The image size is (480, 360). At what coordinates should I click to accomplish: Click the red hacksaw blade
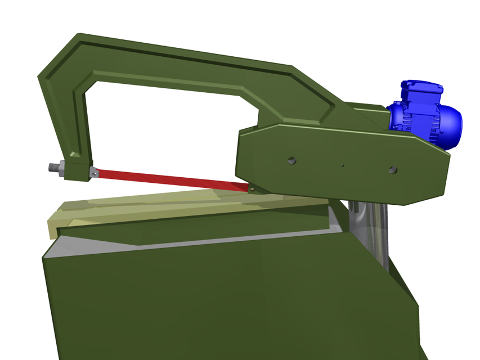point(169,179)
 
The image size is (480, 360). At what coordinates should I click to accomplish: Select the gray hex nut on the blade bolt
point(60,168)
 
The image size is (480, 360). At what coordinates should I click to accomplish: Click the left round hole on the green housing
point(291,161)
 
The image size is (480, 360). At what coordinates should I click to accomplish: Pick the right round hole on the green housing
point(392,169)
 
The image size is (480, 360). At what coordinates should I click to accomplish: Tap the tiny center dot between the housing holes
point(342,165)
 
